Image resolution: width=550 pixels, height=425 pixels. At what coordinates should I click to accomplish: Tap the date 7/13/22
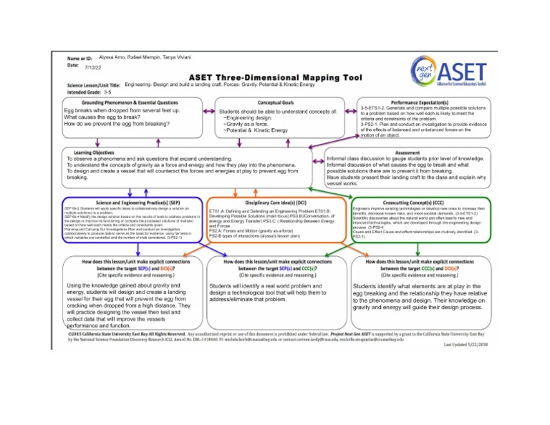point(93,66)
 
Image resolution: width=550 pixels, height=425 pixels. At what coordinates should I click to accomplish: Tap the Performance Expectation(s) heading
point(420,103)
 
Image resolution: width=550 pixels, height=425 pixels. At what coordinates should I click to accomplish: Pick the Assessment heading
point(407,152)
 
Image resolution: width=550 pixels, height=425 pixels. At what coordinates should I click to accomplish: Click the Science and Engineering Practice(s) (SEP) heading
point(129,203)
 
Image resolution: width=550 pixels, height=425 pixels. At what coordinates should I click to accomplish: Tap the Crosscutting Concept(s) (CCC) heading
point(420,203)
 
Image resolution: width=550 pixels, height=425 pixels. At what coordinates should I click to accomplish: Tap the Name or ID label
point(79,58)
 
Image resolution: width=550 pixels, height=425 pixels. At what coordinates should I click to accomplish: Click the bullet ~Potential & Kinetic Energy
point(256,130)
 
